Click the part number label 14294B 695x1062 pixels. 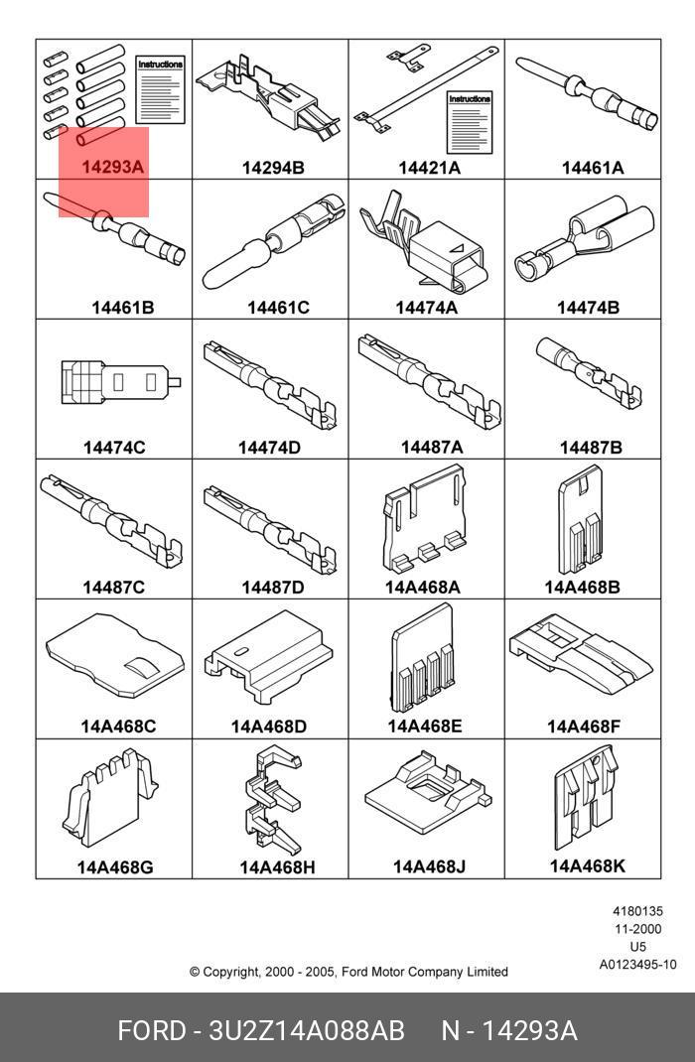coord(273,168)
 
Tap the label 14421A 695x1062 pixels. coord(429,168)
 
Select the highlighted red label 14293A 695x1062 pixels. coord(113,167)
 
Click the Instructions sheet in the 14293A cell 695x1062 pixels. coord(161,90)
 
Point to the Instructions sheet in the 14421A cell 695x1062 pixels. coord(470,123)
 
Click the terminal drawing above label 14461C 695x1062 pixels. coord(272,241)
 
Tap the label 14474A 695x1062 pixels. coord(426,308)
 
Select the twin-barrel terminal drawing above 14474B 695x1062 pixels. coord(585,240)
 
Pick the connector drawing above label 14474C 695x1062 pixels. coord(120,382)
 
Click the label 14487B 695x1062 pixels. coord(590,448)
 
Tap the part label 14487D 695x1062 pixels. coord(273,588)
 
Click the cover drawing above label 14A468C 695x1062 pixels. coord(114,656)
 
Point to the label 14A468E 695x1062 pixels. coord(425,727)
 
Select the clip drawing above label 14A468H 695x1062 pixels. coord(272,801)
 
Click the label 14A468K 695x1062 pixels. coord(588,866)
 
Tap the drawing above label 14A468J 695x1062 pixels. coord(427,791)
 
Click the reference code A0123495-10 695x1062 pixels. coord(637,965)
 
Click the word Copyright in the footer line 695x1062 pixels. coord(231,972)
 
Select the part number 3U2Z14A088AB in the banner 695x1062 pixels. coord(306,1031)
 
